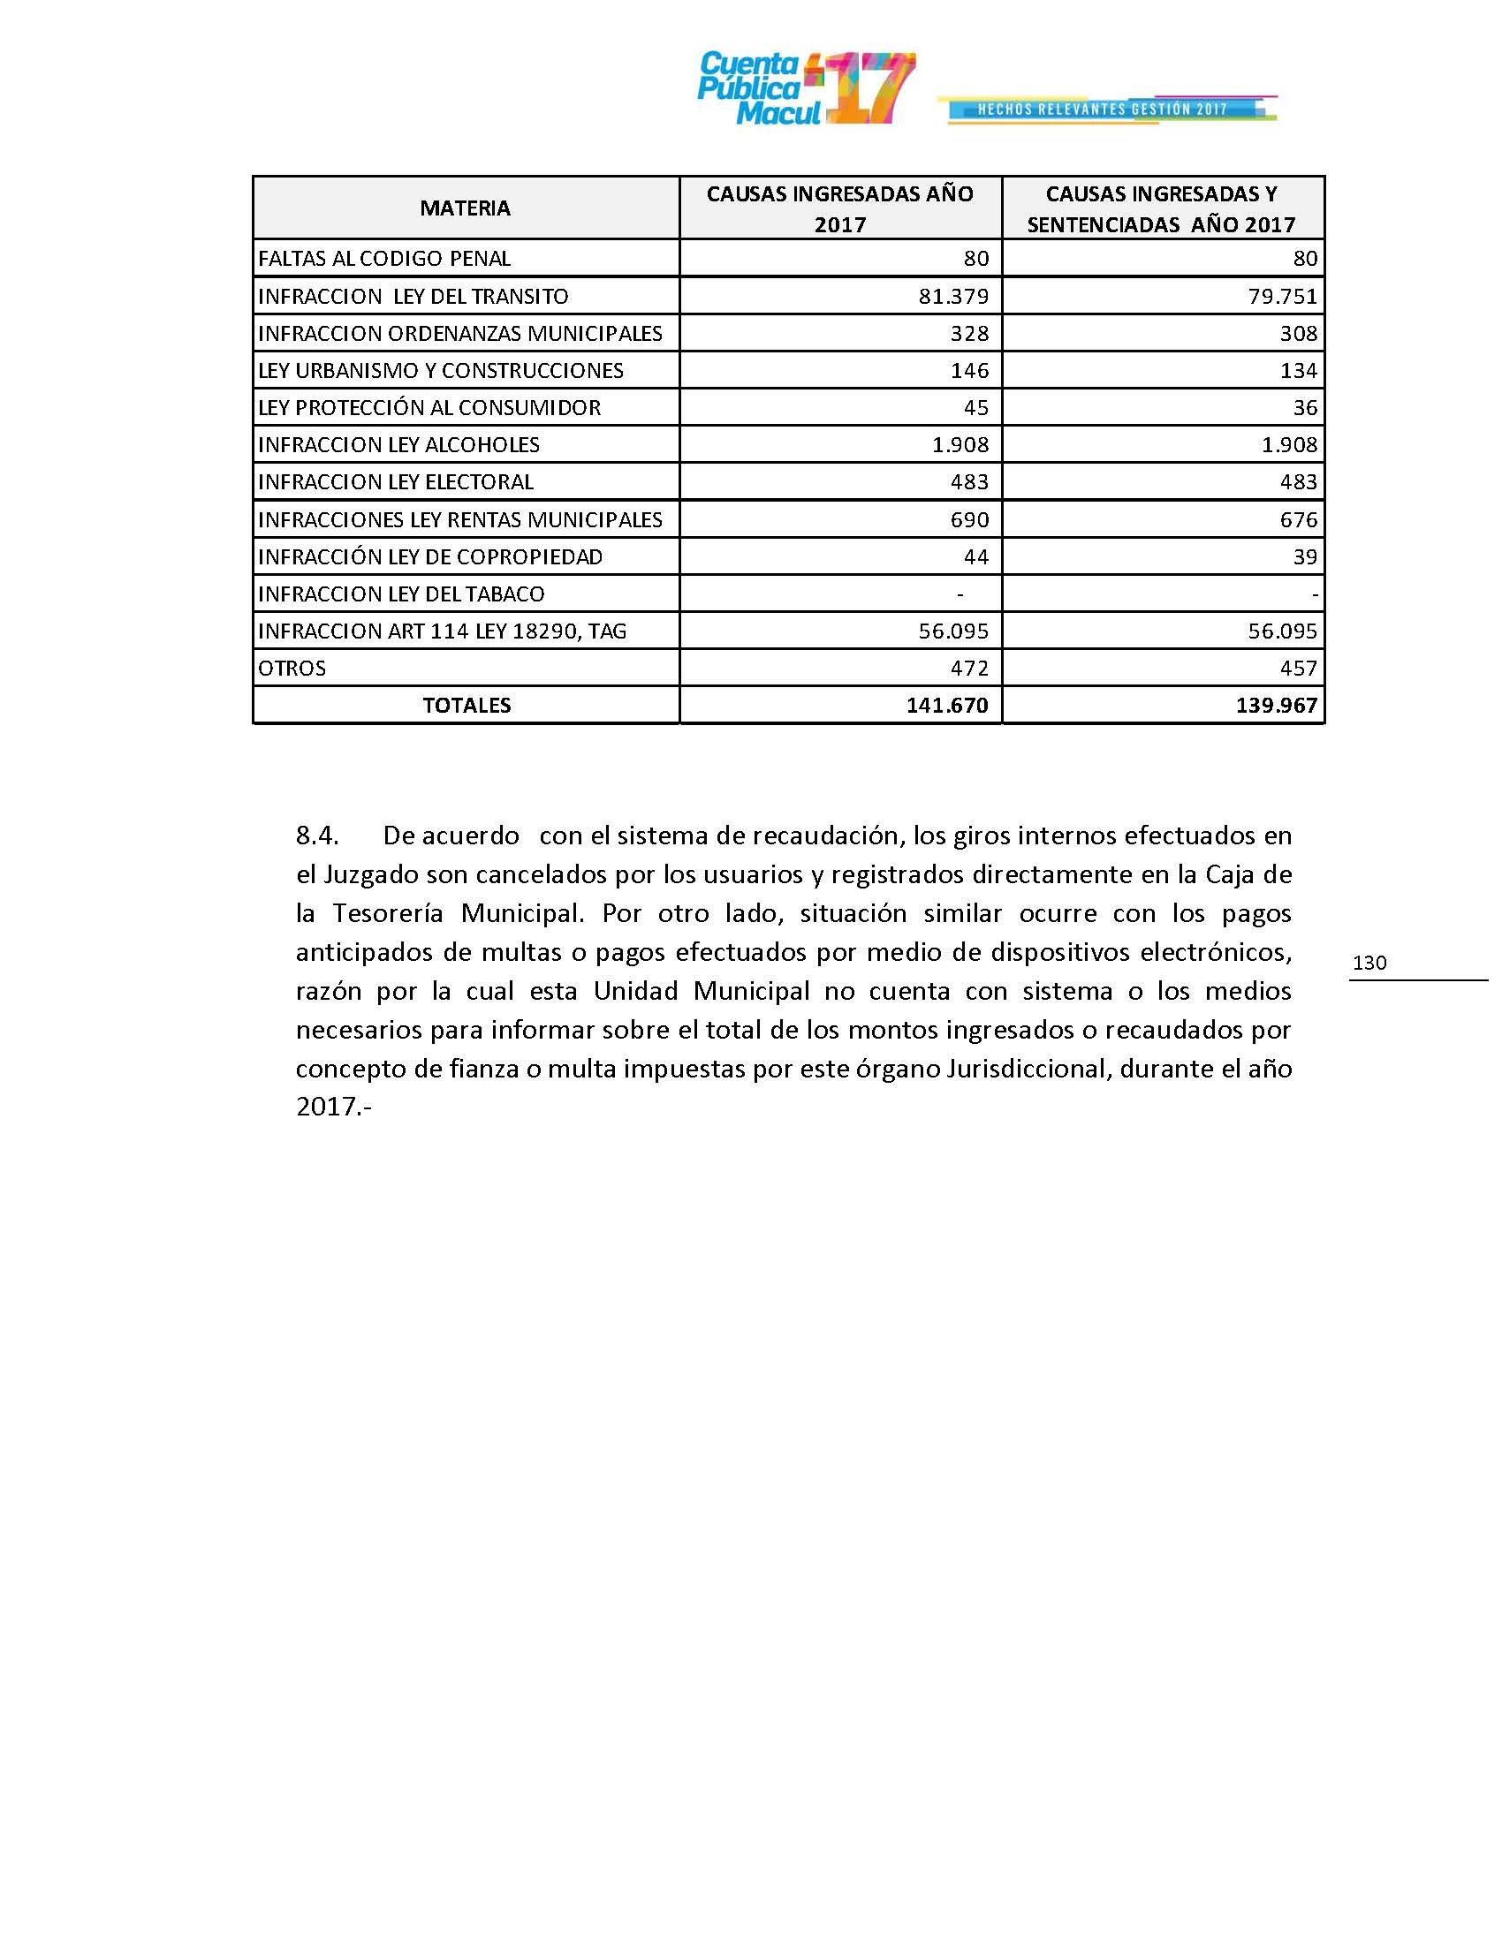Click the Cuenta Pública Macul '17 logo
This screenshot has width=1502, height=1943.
click(805, 88)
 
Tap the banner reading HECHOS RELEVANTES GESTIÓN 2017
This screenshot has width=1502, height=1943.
click(1104, 110)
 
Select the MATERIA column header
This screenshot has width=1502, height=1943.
click(466, 208)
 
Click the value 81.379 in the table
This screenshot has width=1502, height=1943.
click(953, 296)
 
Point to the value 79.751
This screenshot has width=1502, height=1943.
click(1282, 296)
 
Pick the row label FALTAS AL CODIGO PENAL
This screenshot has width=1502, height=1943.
click(384, 259)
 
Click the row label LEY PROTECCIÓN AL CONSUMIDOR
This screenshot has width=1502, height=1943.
click(429, 407)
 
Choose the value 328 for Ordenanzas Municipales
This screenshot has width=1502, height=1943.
click(969, 334)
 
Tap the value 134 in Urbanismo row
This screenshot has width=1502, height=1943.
click(1298, 371)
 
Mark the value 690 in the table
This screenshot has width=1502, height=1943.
click(969, 519)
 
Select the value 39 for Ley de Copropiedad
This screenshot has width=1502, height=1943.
click(1304, 557)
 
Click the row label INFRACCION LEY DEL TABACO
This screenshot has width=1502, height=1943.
click(401, 594)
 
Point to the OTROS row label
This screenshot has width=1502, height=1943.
click(292, 669)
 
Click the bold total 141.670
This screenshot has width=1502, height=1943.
click(947, 706)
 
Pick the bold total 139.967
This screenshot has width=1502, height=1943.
click(1276, 706)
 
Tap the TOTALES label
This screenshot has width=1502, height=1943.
click(467, 706)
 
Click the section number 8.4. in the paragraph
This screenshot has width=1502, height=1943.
click(317, 836)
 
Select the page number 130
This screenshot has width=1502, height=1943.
click(1369, 963)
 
